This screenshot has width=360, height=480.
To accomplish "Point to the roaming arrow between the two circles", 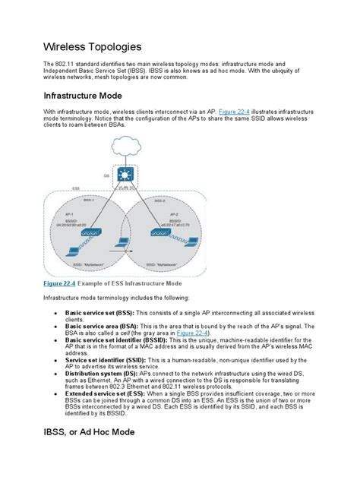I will (119, 248).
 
